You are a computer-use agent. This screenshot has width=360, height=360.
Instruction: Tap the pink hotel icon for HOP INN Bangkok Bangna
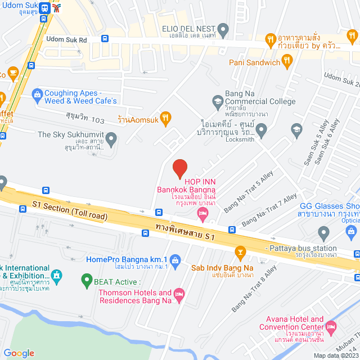coord(203,212)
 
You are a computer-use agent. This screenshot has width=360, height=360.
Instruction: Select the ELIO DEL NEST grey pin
coord(223,28)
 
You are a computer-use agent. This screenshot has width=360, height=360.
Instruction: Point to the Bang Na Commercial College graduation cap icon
coord(217,101)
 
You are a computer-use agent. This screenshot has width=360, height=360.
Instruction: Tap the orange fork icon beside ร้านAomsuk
coord(165,118)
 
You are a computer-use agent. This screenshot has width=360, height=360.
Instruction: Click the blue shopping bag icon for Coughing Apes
coord(37,94)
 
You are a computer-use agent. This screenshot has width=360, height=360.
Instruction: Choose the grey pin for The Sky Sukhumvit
coord(111,137)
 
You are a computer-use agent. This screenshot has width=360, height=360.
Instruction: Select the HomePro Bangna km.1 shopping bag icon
coord(175,260)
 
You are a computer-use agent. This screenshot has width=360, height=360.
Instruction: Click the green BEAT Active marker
coord(87,278)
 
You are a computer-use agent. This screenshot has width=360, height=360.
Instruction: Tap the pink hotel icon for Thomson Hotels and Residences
coord(179,294)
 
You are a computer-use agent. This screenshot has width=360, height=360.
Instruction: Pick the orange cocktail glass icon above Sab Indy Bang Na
coord(241,251)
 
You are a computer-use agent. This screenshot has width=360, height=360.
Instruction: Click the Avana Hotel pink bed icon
coord(331,326)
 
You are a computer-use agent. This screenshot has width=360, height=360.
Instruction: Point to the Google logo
coord(19,353)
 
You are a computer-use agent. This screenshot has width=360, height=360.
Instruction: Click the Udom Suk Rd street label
coord(66,40)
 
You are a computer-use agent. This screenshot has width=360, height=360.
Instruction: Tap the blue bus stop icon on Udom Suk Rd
coord(105,39)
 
